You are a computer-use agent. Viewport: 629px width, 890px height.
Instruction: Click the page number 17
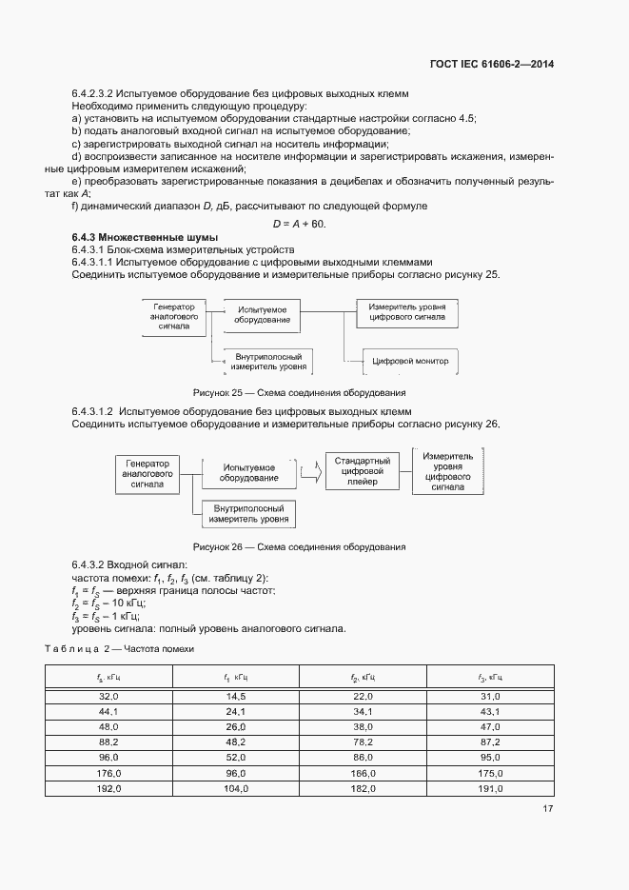coord(547,809)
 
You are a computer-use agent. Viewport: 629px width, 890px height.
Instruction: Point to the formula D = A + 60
coord(299,224)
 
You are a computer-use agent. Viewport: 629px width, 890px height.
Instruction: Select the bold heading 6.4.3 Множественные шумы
coord(146,237)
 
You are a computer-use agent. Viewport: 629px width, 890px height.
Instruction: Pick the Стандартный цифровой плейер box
coord(358,469)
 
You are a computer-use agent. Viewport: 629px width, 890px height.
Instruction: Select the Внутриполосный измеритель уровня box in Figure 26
coord(246,515)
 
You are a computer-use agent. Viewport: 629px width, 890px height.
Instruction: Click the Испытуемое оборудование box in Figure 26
coord(248,473)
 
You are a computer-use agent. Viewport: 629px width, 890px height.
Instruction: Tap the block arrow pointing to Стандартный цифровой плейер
coord(308,470)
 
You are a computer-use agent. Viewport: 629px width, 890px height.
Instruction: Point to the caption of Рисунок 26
coord(299,547)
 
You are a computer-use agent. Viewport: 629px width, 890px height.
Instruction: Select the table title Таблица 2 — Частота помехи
coord(119,647)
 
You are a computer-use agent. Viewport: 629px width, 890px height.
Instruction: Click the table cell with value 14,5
coord(235,697)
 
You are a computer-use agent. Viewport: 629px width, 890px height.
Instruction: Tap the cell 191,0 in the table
coord(490,789)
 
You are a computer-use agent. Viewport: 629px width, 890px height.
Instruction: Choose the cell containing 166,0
coord(363,774)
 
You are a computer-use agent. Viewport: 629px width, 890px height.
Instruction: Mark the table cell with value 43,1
coord(490,712)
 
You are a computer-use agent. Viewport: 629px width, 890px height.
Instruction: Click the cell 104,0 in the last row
coord(235,789)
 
